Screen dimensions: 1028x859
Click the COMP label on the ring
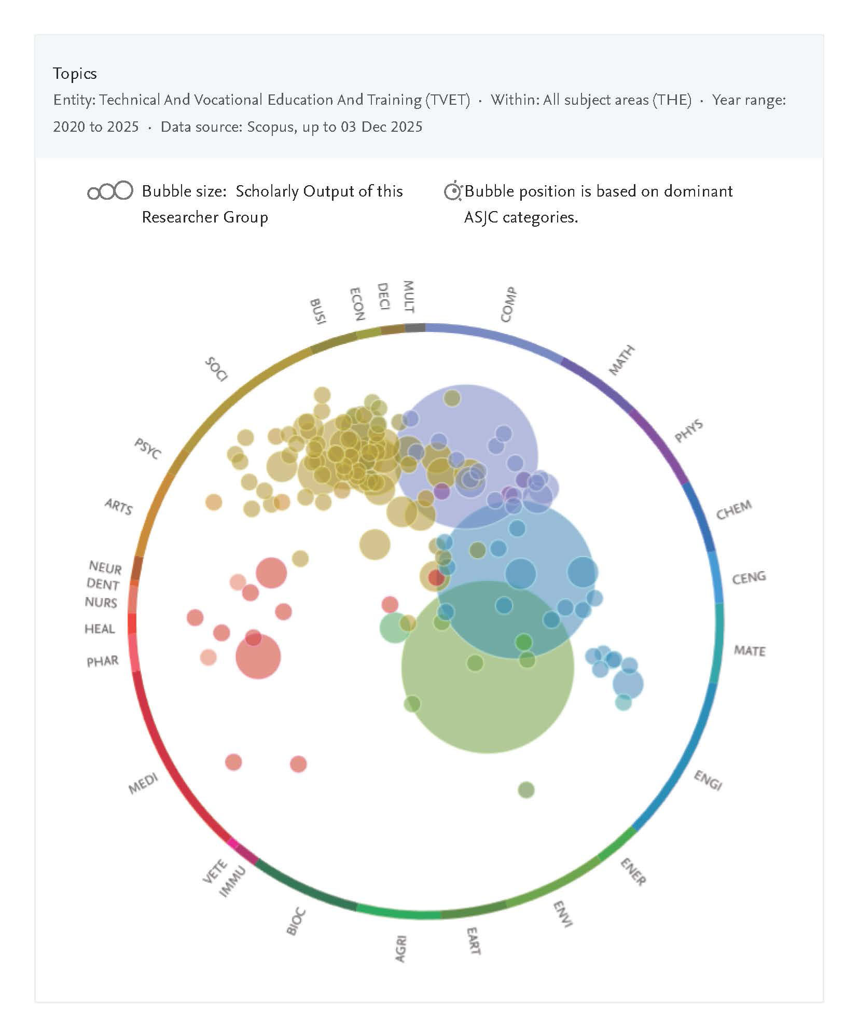click(508, 304)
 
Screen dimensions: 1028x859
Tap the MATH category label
click(621, 360)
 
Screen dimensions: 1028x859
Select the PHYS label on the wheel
click(688, 432)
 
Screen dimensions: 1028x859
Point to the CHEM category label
click(733, 510)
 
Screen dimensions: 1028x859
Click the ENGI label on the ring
click(708, 780)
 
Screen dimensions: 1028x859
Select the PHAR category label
click(102, 661)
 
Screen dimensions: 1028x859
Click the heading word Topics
click(75, 74)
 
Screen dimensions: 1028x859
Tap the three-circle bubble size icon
click(110, 191)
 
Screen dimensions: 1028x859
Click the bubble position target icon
click(453, 191)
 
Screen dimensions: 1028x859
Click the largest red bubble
click(258, 656)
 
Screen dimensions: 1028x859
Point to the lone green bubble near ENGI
click(526, 790)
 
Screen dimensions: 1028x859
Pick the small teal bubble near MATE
click(623, 702)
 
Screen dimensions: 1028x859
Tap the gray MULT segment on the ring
click(415, 327)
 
